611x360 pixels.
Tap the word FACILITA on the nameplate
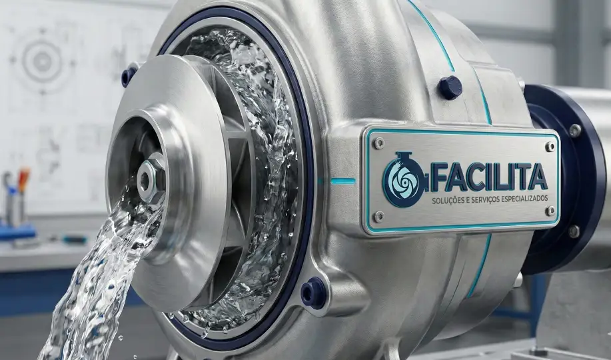point(488,177)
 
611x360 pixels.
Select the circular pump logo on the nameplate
point(404,179)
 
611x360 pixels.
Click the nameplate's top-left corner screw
point(378,143)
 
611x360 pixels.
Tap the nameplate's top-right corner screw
point(550,147)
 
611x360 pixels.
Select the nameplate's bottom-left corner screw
point(378,216)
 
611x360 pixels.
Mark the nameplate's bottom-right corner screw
point(550,211)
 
